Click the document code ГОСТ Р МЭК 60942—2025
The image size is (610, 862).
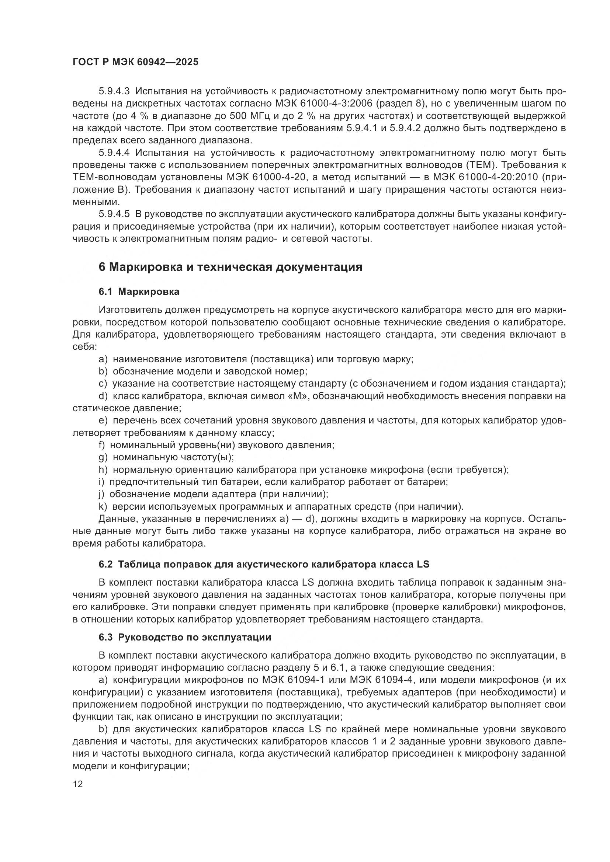pyautogui.click(x=135, y=62)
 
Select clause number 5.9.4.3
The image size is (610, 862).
pyautogui.click(x=114, y=91)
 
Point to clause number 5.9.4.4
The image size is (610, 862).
pyautogui.click(x=114, y=153)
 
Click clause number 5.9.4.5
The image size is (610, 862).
pyautogui.click(x=114, y=214)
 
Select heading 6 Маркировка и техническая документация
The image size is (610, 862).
pyautogui.click(x=230, y=267)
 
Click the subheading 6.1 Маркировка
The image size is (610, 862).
pyautogui.click(x=139, y=292)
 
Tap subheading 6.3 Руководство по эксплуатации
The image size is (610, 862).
pyautogui.click(x=185, y=638)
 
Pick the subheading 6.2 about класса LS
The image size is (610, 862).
pyautogui.click(x=264, y=564)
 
